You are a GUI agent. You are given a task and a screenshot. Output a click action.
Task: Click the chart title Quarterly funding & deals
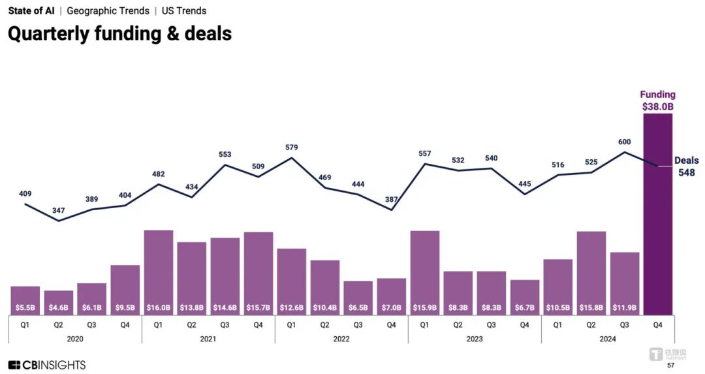pyautogui.click(x=119, y=34)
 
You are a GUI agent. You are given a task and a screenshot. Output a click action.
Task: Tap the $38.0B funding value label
pyautogui.click(x=657, y=106)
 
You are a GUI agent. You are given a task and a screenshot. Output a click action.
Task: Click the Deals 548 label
pyautogui.click(x=686, y=166)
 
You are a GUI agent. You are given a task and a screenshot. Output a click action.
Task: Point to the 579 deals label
pyautogui.click(x=291, y=148)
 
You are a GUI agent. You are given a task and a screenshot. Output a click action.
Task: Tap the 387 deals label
pyautogui.click(x=391, y=199)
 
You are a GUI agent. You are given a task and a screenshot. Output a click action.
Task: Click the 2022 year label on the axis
pyautogui.click(x=341, y=339)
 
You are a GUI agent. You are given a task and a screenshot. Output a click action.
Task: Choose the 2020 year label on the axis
pyautogui.click(x=75, y=339)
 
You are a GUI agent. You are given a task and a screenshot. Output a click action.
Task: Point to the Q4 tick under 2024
pyautogui.click(x=658, y=324)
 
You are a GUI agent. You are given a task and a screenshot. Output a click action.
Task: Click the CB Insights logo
pyautogui.click(x=47, y=365)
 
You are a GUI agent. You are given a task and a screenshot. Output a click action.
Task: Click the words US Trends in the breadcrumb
pyautogui.click(x=183, y=11)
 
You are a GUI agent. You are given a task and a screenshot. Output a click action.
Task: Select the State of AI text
pyautogui.click(x=31, y=11)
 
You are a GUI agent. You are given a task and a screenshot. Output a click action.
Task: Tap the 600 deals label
pyautogui.click(x=624, y=142)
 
